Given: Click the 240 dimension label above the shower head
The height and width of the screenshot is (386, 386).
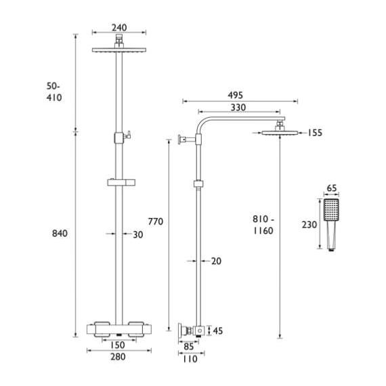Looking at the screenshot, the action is [x=119, y=28].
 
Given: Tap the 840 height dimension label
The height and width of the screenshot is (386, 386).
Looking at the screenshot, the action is [x=60, y=234].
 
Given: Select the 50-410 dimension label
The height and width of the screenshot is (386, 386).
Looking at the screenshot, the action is [x=54, y=92].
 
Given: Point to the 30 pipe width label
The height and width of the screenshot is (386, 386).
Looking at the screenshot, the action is [x=138, y=234].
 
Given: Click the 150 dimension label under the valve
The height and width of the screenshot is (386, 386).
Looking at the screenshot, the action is [x=117, y=345].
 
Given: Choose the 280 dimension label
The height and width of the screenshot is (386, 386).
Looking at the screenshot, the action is [x=118, y=357].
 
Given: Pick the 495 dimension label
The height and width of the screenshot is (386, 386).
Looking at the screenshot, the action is [x=235, y=95].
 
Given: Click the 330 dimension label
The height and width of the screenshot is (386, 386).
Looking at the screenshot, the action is [x=238, y=108].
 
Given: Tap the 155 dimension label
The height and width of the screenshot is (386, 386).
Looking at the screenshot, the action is [x=315, y=133].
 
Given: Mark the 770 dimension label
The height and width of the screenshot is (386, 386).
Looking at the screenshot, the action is [x=156, y=221].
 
